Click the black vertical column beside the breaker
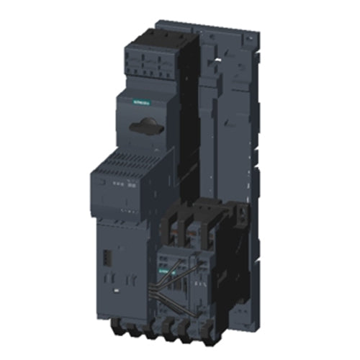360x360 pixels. [x=189, y=115]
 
